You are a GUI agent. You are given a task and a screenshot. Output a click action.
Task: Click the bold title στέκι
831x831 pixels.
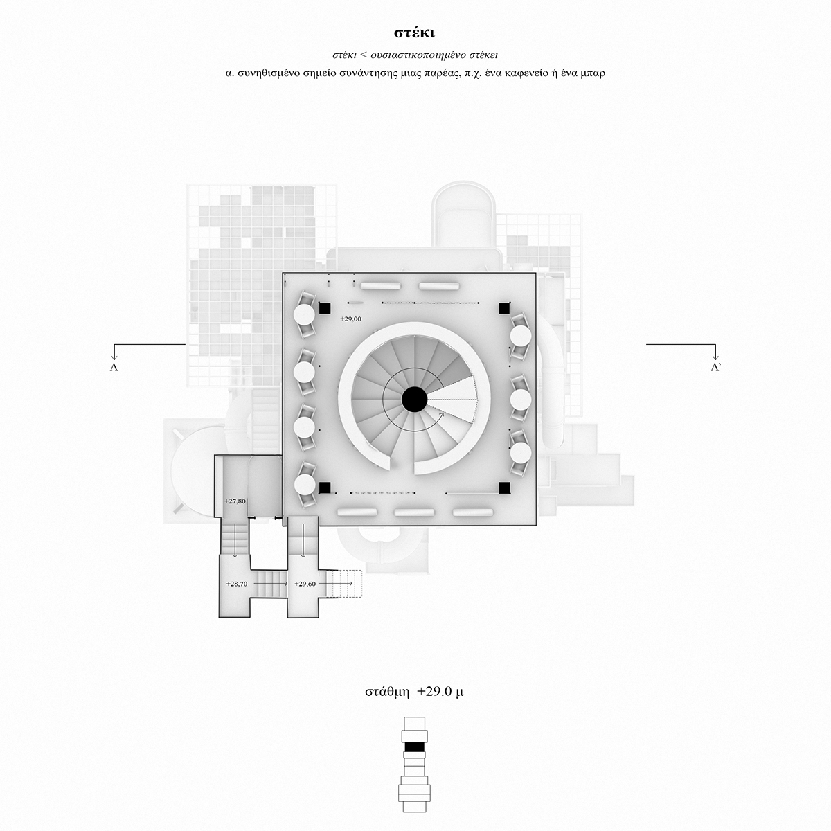click(x=414, y=33)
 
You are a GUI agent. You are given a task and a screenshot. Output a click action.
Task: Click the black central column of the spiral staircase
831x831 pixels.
click(x=414, y=400)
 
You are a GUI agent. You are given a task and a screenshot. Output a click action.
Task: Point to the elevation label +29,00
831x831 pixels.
click(x=350, y=319)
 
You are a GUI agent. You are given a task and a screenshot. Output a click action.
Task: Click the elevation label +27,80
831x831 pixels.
click(x=235, y=501)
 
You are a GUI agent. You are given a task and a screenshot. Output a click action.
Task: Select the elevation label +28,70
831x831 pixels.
click(x=237, y=584)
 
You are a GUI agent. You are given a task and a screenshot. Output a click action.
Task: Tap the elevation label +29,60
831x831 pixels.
click(x=305, y=584)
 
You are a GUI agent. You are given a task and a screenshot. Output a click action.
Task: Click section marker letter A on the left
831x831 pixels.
click(x=114, y=368)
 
